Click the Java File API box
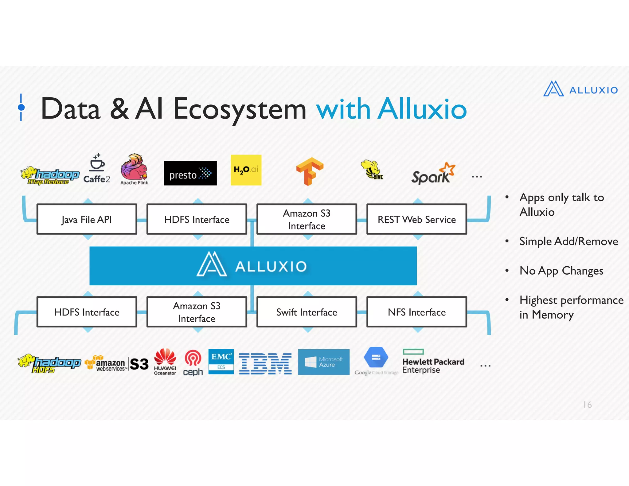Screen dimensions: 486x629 click(87, 219)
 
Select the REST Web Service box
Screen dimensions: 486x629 click(416, 219)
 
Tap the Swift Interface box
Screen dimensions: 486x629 click(307, 312)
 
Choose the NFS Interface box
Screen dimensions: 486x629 click(416, 312)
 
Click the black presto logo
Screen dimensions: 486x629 click(190, 173)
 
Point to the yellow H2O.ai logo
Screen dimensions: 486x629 click(246, 170)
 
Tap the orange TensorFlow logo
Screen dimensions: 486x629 click(310, 171)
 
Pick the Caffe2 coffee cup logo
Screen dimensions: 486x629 click(97, 169)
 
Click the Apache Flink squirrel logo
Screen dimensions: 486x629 click(134, 169)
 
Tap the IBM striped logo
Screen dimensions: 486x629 click(265, 363)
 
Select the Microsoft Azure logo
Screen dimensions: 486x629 click(324, 362)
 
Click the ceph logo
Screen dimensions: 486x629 click(193, 363)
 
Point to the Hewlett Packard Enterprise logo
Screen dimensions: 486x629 click(433, 363)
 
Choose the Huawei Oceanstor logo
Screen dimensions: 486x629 click(165, 362)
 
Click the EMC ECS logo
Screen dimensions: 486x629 click(221, 361)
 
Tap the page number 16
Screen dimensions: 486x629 click(587, 405)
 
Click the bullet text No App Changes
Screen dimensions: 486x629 click(561, 271)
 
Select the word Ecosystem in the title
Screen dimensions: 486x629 click(240, 109)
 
